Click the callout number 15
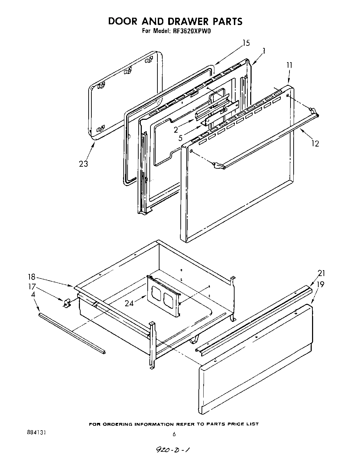pos(246,43)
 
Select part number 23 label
pos(83,164)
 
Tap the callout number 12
pos(315,143)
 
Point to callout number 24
pos(129,303)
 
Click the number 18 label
pos(32,277)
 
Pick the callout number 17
pos(32,287)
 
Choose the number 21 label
pos(321,273)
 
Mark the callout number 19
pos(321,284)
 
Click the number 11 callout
pos(289,65)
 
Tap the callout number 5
pos(180,138)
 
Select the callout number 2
pos(176,130)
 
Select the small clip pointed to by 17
pos(66,303)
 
